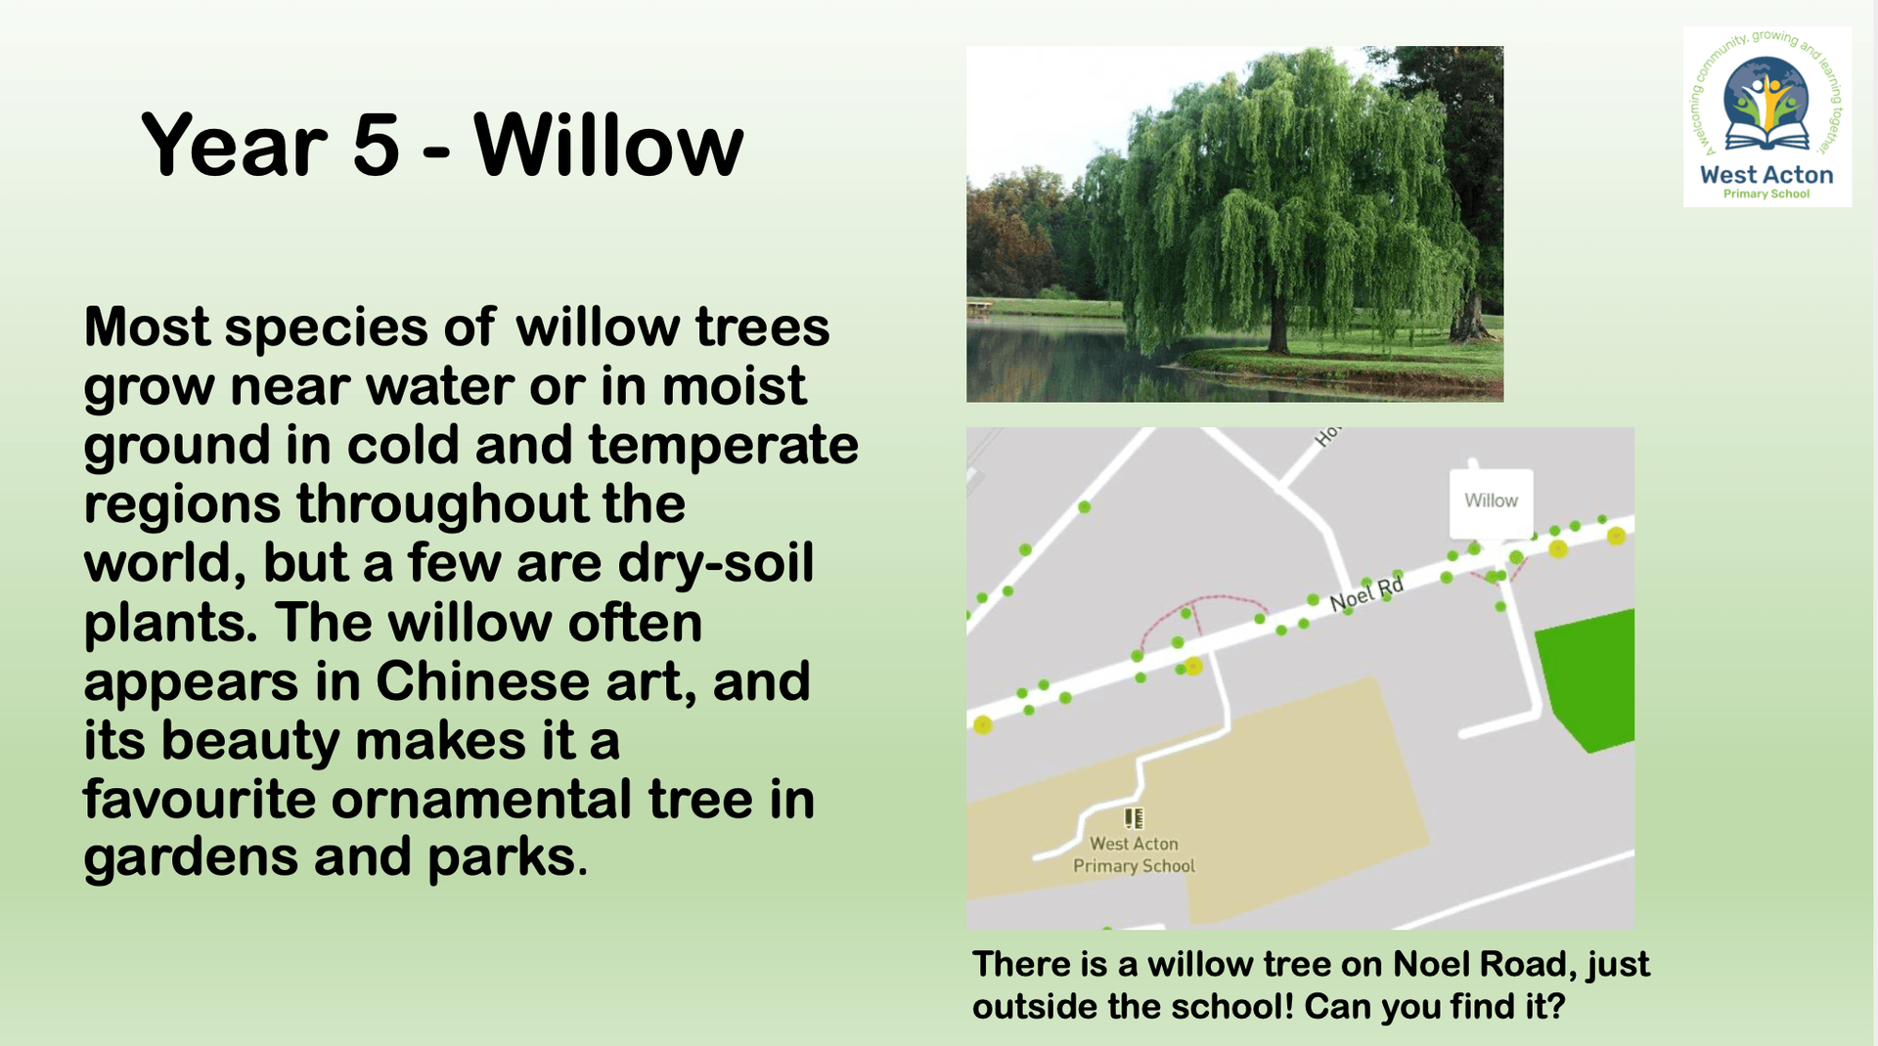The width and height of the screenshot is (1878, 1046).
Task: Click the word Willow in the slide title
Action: [608, 146]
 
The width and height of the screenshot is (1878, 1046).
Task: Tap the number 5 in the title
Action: [376, 147]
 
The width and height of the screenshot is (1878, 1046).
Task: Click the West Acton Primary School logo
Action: [1766, 116]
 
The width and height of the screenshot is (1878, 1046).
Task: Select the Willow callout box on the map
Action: [1491, 502]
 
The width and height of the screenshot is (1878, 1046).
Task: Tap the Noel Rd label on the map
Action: [1366, 593]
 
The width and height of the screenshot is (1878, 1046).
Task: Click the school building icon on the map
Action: [1134, 817]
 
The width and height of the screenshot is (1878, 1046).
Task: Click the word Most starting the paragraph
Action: [147, 327]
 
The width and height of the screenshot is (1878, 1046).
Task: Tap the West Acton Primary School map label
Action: [1134, 854]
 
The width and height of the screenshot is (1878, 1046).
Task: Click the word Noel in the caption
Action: [1431, 964]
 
